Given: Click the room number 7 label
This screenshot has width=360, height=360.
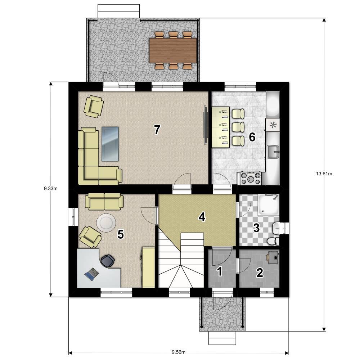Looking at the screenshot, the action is [157, 130].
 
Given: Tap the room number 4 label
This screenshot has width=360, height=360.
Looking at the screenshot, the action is [202, 217].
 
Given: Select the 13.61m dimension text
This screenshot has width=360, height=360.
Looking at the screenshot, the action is [324, 174].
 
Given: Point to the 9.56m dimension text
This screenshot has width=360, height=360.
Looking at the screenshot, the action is [179, 352].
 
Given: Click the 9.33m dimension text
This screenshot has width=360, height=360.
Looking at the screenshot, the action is [50, 189].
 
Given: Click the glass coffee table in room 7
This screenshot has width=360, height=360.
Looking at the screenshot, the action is [110, 144].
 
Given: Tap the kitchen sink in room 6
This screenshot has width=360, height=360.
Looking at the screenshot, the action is [273, 152].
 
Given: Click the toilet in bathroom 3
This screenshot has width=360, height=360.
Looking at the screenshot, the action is [273, 241].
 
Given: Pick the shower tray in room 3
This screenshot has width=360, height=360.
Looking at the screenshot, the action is [269, 205].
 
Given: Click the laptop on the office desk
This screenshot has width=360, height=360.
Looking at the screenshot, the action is [91, 274].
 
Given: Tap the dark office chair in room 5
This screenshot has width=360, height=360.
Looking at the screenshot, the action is [107, 261].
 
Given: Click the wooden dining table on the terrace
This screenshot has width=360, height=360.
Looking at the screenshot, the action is [173, 50].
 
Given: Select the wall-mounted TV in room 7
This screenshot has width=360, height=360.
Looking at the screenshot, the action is [206, 125].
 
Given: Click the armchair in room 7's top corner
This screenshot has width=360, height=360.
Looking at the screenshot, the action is [94, 107].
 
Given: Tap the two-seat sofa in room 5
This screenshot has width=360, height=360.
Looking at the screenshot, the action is [104, 201].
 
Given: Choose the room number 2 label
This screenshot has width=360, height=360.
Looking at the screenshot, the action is [260, 273].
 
